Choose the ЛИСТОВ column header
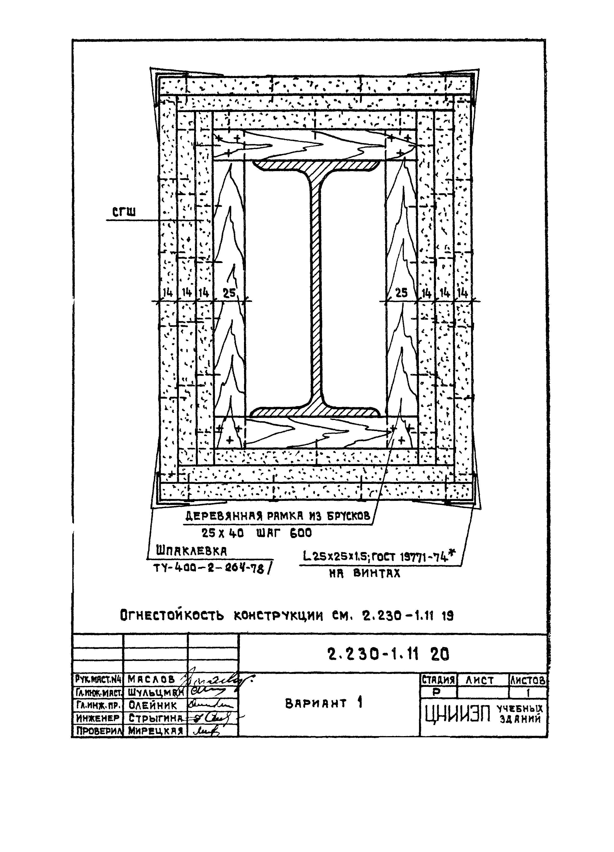[528, 680]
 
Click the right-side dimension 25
[401, 293]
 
